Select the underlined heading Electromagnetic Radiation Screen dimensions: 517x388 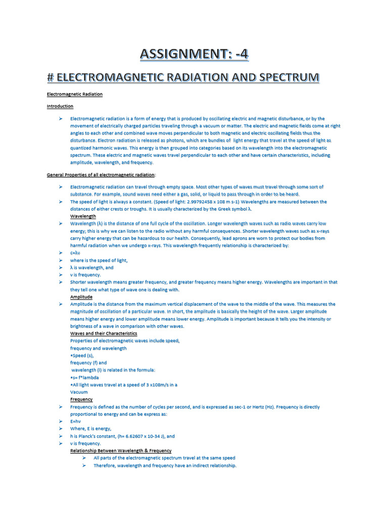pos(75,94)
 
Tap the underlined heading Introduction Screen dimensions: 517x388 pos(60,106)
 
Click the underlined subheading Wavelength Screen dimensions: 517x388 pos(83,216)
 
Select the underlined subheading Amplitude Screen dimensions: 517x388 pos(81,297)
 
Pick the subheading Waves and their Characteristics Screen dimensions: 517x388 pos(104,334)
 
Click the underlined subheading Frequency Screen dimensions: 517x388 pos(81,399)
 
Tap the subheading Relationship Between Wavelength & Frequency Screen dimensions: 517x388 pos(121,450)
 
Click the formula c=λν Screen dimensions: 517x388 pos(75,252)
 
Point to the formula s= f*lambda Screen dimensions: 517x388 pos(84,377)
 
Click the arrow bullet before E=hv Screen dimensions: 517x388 pos(60,421)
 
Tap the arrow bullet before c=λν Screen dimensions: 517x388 pos(60,252)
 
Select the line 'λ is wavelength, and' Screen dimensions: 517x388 pos(92,268)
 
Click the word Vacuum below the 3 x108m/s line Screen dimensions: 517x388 pos(79,392)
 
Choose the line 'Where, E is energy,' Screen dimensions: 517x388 pos(90,429)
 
